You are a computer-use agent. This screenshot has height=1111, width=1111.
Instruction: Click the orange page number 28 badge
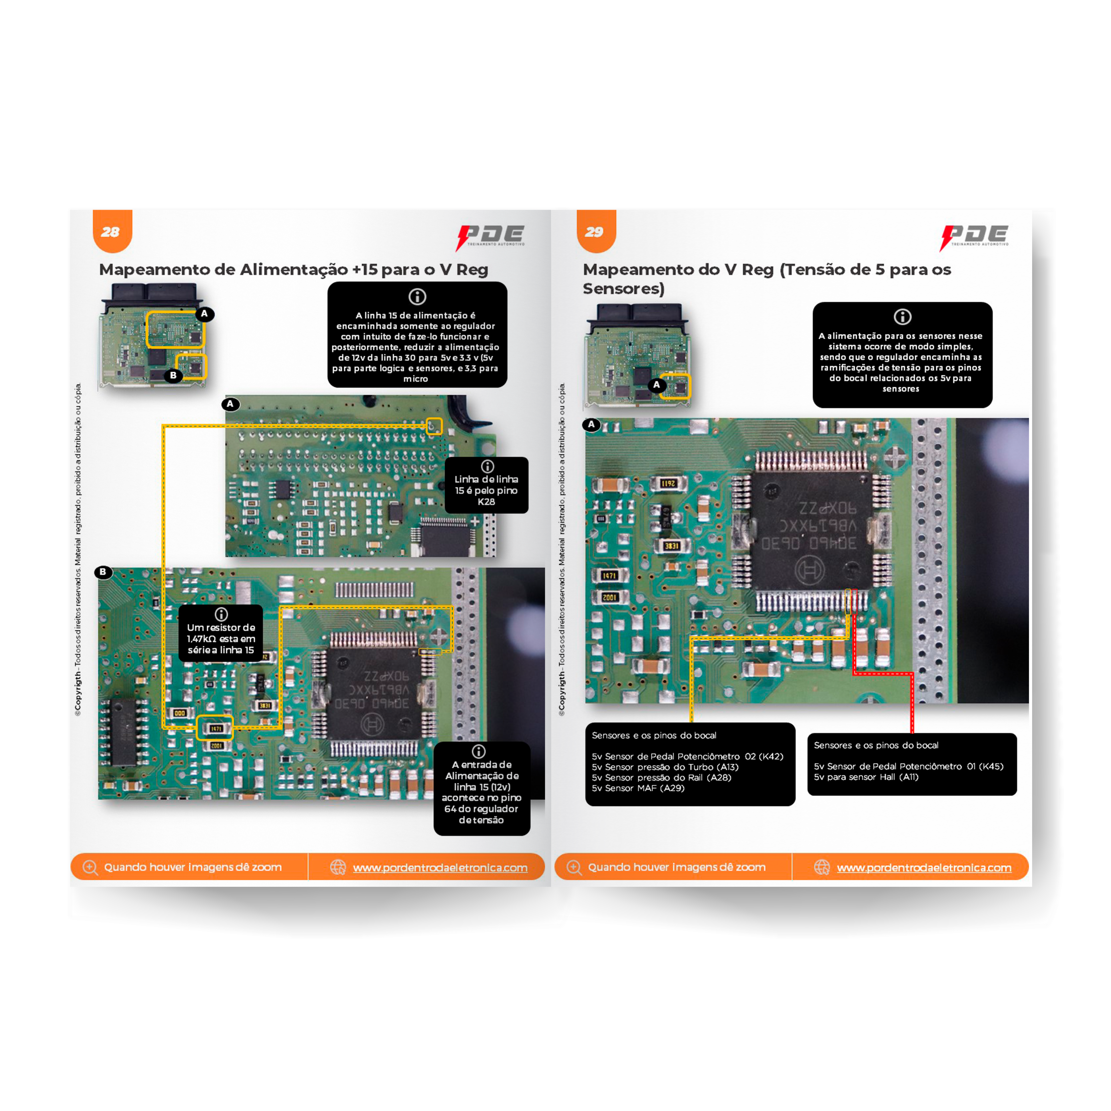[112, 231]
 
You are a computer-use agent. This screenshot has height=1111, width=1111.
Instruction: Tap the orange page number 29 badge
[596, 231]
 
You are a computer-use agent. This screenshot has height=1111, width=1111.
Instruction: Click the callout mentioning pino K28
[486, 485]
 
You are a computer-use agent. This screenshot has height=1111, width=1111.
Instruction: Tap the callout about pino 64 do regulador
[481, 788]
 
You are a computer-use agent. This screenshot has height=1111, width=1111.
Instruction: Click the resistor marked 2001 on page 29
[609, 597]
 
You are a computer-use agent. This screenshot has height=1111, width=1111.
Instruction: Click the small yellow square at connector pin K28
[434, 426]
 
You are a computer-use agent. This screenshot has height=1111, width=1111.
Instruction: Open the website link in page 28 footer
[440, 867]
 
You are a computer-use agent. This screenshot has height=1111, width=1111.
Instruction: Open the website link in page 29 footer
[923, 867]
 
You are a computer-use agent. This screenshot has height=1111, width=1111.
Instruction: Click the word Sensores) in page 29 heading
[623, 289]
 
